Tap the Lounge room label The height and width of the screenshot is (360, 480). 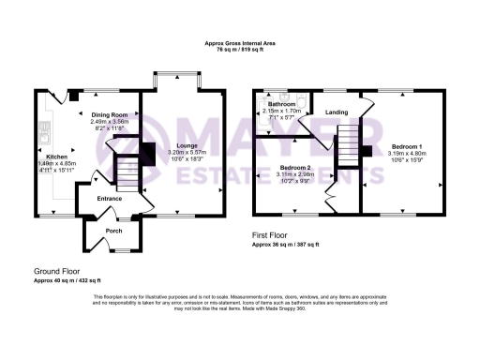pos(183,145)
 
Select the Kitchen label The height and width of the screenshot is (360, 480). pos(57,157)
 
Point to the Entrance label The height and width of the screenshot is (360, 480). pos(111,199)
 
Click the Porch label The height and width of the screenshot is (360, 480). pos(114,231)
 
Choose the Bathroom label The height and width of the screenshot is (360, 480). pos(282,104)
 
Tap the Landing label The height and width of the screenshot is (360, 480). pos(337,112)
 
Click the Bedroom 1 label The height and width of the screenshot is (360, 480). pos(407,146)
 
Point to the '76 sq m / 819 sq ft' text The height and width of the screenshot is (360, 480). pos(239,49)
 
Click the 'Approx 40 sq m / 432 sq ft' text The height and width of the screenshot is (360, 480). pos(67,280)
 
